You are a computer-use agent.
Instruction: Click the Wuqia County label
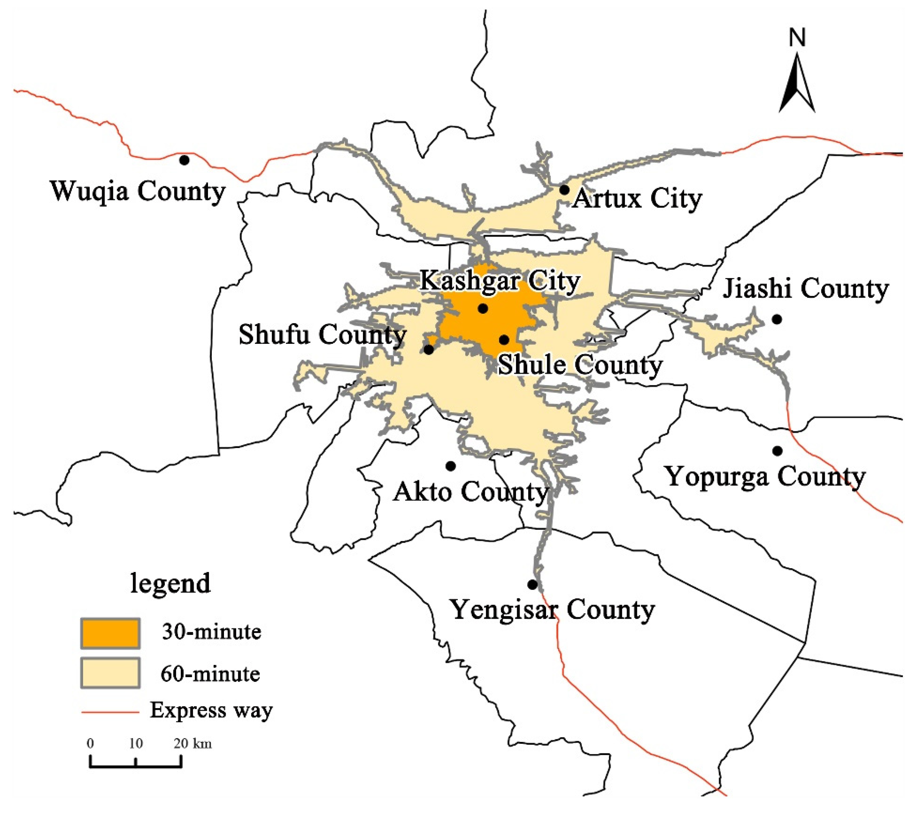point(138,192)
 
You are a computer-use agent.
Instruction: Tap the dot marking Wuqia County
point(184,160)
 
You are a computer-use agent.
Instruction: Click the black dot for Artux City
point(564,190)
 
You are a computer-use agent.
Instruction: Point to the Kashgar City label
point(500,282)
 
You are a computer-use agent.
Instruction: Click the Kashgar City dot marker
point(483,308)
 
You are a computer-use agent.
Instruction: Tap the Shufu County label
point(322,335)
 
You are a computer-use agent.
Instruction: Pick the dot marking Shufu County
point(429,350)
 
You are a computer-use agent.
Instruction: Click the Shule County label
point(580,365)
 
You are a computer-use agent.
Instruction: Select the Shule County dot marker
point(504,340)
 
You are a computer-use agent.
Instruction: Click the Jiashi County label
point(806,289)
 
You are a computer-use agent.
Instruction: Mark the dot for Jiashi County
point(777,319)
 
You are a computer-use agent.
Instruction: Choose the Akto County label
point(471,492)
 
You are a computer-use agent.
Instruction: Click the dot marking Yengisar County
point(532,585)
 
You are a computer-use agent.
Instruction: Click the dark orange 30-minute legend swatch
point(110,633)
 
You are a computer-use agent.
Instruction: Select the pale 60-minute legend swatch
point(110,672)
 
